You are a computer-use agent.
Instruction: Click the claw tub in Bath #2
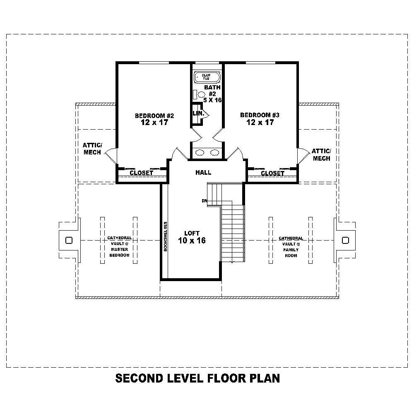click(x=206, y=77)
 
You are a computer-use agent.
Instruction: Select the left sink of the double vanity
click(x=200, y=153)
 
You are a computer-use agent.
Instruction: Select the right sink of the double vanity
click(x=214, y=153)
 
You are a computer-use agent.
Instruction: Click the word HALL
click(x=203, y=173)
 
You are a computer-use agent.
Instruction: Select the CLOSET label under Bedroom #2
click(x=142, y=173)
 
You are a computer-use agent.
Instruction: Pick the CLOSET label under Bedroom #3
click(x=272, y=173)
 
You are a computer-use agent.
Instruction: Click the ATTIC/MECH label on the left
click(x=92, y=149)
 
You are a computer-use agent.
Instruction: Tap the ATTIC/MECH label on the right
click(x=321, y=155)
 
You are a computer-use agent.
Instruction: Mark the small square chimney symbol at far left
click(x=69, y=240)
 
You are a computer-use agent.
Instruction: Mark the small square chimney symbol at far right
click(x=345, y=240)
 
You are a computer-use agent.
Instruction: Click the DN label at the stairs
click(x=204, y=201)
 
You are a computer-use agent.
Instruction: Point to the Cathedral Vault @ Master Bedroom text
click(x=119, y=247)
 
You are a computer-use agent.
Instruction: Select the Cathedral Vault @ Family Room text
click(x=291, y=247)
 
